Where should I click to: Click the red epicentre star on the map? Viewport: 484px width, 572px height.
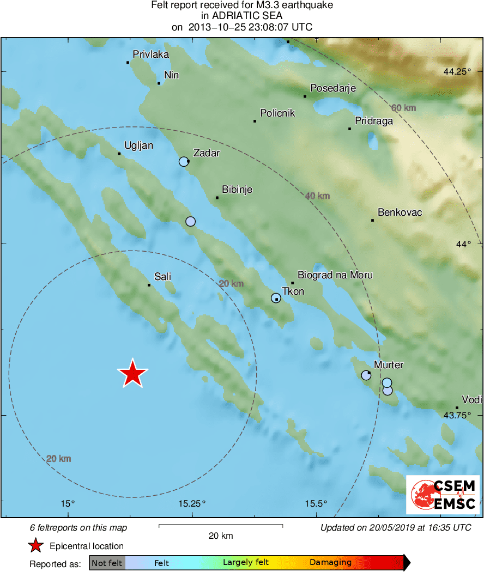click(x=132, y=374)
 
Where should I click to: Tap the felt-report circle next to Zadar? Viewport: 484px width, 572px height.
click(x=184, y=161)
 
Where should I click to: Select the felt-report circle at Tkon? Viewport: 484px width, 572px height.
click(x=276, y=298)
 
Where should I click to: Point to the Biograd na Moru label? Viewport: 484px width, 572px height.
click(x=335, y=275)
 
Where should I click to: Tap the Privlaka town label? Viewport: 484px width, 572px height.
click(x=151, y=54)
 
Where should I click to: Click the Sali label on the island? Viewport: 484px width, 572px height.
click(x=162, y=277)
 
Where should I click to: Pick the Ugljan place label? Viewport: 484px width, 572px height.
click(x=138, y=145)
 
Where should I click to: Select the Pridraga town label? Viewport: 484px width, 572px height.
click(x=373, y=121)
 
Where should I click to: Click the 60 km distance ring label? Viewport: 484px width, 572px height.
click(x=403, y=108)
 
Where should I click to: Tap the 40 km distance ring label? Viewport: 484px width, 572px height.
click(x=317, y=196)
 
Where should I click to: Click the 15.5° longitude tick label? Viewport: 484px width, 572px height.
click(x=316, y=503)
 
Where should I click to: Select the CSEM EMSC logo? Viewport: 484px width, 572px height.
click(x=443, y=495)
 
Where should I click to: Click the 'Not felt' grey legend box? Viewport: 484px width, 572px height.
click(x=107, y=563)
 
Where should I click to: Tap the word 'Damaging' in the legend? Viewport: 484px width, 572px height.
click(x=330, y=563)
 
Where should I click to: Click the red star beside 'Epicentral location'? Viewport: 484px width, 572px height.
click(x=35, y=546)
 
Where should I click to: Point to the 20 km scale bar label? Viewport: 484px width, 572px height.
click(x=221, y=536)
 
